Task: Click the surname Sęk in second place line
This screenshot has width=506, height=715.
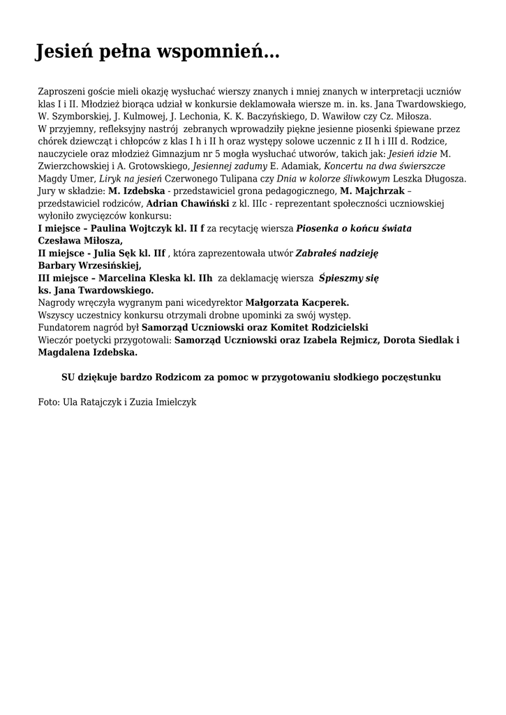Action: [x=123, y=253]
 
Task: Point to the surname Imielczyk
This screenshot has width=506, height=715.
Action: [x=176, y=402]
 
